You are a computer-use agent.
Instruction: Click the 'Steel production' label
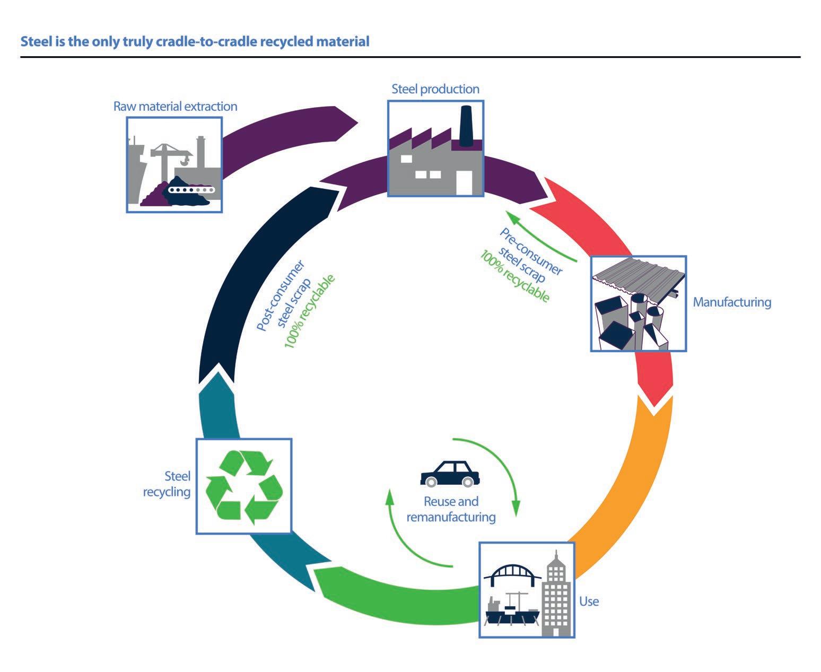pos(435,89)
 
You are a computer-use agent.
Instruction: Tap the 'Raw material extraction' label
pos(175,106)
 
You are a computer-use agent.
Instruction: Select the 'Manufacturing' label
pos(732,302)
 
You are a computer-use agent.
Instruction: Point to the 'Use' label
pos(589,601)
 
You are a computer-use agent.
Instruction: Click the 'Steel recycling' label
pos(167,484)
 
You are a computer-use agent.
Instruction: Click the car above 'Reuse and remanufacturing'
pos(450,474)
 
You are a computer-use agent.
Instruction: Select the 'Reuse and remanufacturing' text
pos(451,509)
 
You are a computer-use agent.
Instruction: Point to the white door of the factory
pos(465,182)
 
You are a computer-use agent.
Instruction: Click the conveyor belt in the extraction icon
pos(191,190)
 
